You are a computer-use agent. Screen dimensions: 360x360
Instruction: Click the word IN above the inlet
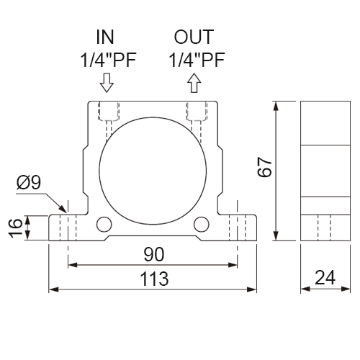click(x=105, y=37)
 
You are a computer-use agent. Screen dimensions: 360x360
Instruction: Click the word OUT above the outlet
click(x=194, y=37)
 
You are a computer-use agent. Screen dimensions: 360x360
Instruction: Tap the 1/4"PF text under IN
click(x=108, y=60)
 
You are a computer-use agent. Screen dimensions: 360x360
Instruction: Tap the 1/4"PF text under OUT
click(x=197, y=60)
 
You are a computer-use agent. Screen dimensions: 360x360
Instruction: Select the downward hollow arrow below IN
click(x=107, y=83)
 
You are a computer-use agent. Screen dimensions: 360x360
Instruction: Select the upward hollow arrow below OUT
click(x=194, y=83)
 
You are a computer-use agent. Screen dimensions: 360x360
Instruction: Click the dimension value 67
click(x=264, y=167)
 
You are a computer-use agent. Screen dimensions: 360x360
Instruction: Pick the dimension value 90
click(x=154, y=254)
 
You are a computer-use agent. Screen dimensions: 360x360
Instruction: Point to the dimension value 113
click(x=154, y=279)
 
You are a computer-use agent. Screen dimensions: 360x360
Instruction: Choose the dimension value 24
click(x=325, y=277)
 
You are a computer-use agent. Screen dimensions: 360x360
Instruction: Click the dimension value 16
click(x=15, y=228)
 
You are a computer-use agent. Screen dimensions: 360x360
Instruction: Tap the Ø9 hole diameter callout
click(x=29, y=182)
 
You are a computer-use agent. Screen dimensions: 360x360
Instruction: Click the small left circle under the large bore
click(x=104, y=225)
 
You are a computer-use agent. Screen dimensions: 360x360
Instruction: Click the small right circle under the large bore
click(x=202, y=225)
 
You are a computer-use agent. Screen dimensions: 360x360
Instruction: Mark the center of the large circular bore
click(x=153, y=171)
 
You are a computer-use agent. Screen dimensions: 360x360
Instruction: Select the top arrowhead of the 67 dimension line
click(x=276, y=106)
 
